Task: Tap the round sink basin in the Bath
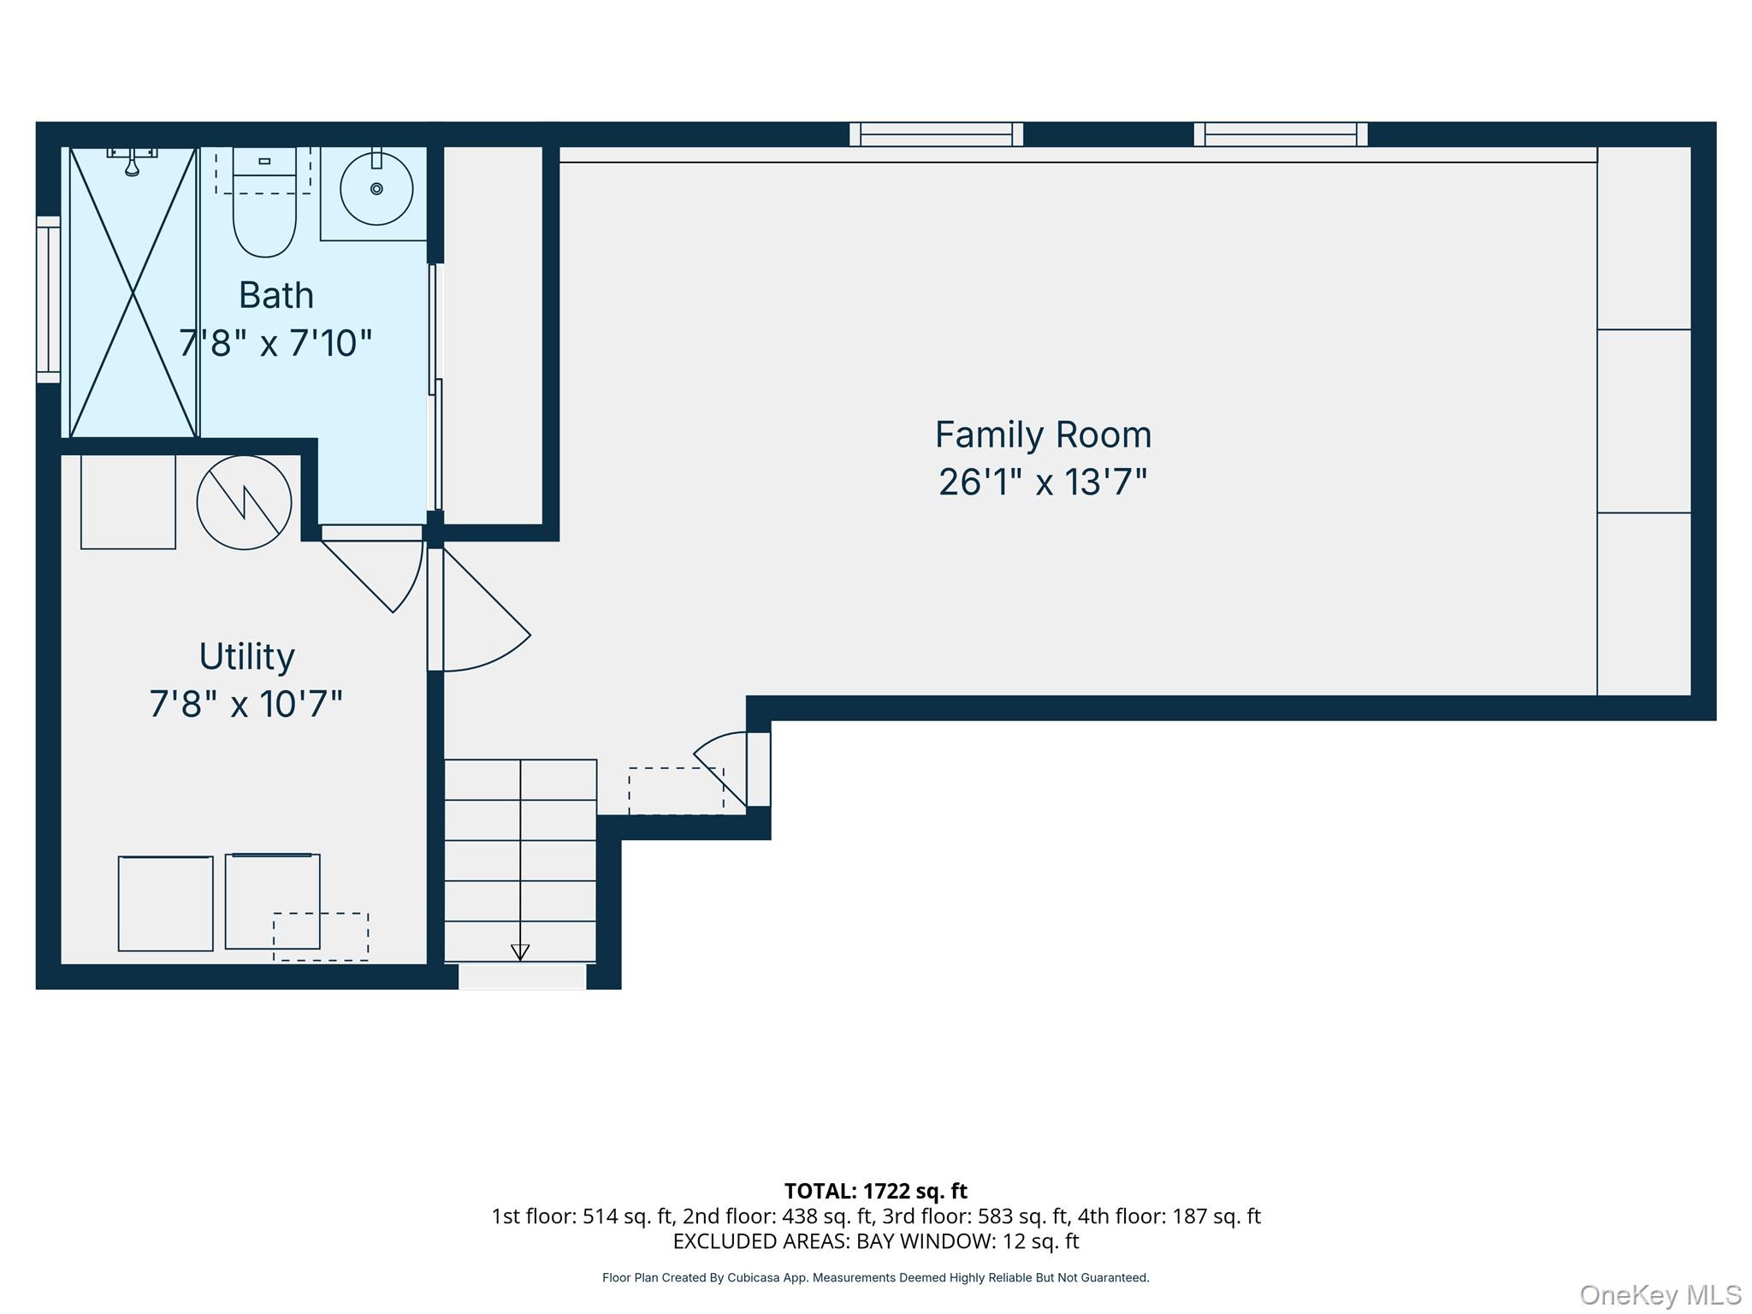pyautogui.click(x=376, y=188)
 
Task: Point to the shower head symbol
pyautogui.click(x=132, y=162)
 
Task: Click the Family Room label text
pyautogui.click(x=1043, y=435)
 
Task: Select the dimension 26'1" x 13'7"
pyautogui.click(x=1043, y=482)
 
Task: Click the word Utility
pyautogui.click(x=247, y=657)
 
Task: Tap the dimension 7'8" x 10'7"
pyautogui.click(x=246, y=704)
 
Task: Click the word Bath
pyautogui.click(x=276, y=295)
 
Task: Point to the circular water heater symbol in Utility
pyautogui.click(x=245, y=502)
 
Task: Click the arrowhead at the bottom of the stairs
pyautogui.click(x=520, y=952)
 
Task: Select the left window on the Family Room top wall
pyautogui.click(x=937, y=134)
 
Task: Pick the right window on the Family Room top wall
pyautogui.click(x=1281, y=134)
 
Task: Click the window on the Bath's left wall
pyautogui.click(x=49, y=299)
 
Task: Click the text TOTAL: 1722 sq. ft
pyautogui.click(x=875, y=1191)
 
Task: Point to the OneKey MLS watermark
pyautogui.click(x=1660, y=1295)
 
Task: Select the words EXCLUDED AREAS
pyautogui.click(x=760, y=1241)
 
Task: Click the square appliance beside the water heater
pyautogui.click(x=128, y=502)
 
